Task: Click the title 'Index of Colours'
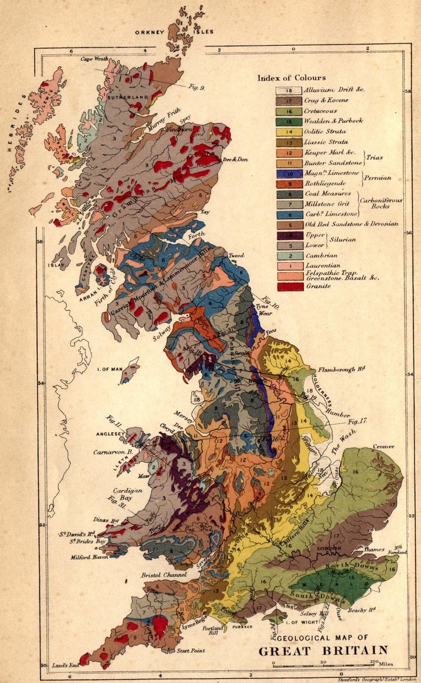pos(292,78)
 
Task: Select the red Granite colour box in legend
pos(288,286)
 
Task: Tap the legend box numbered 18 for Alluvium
pos(288,90)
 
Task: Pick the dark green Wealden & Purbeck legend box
pos(288,121)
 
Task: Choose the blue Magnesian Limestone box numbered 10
pos(288,173)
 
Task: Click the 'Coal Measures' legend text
pos(328,193)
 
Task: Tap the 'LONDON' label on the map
pos(329,549)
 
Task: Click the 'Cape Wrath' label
pos(94,58)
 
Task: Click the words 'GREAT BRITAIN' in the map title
pos(323,650)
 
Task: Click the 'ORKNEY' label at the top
pos(150,33)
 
